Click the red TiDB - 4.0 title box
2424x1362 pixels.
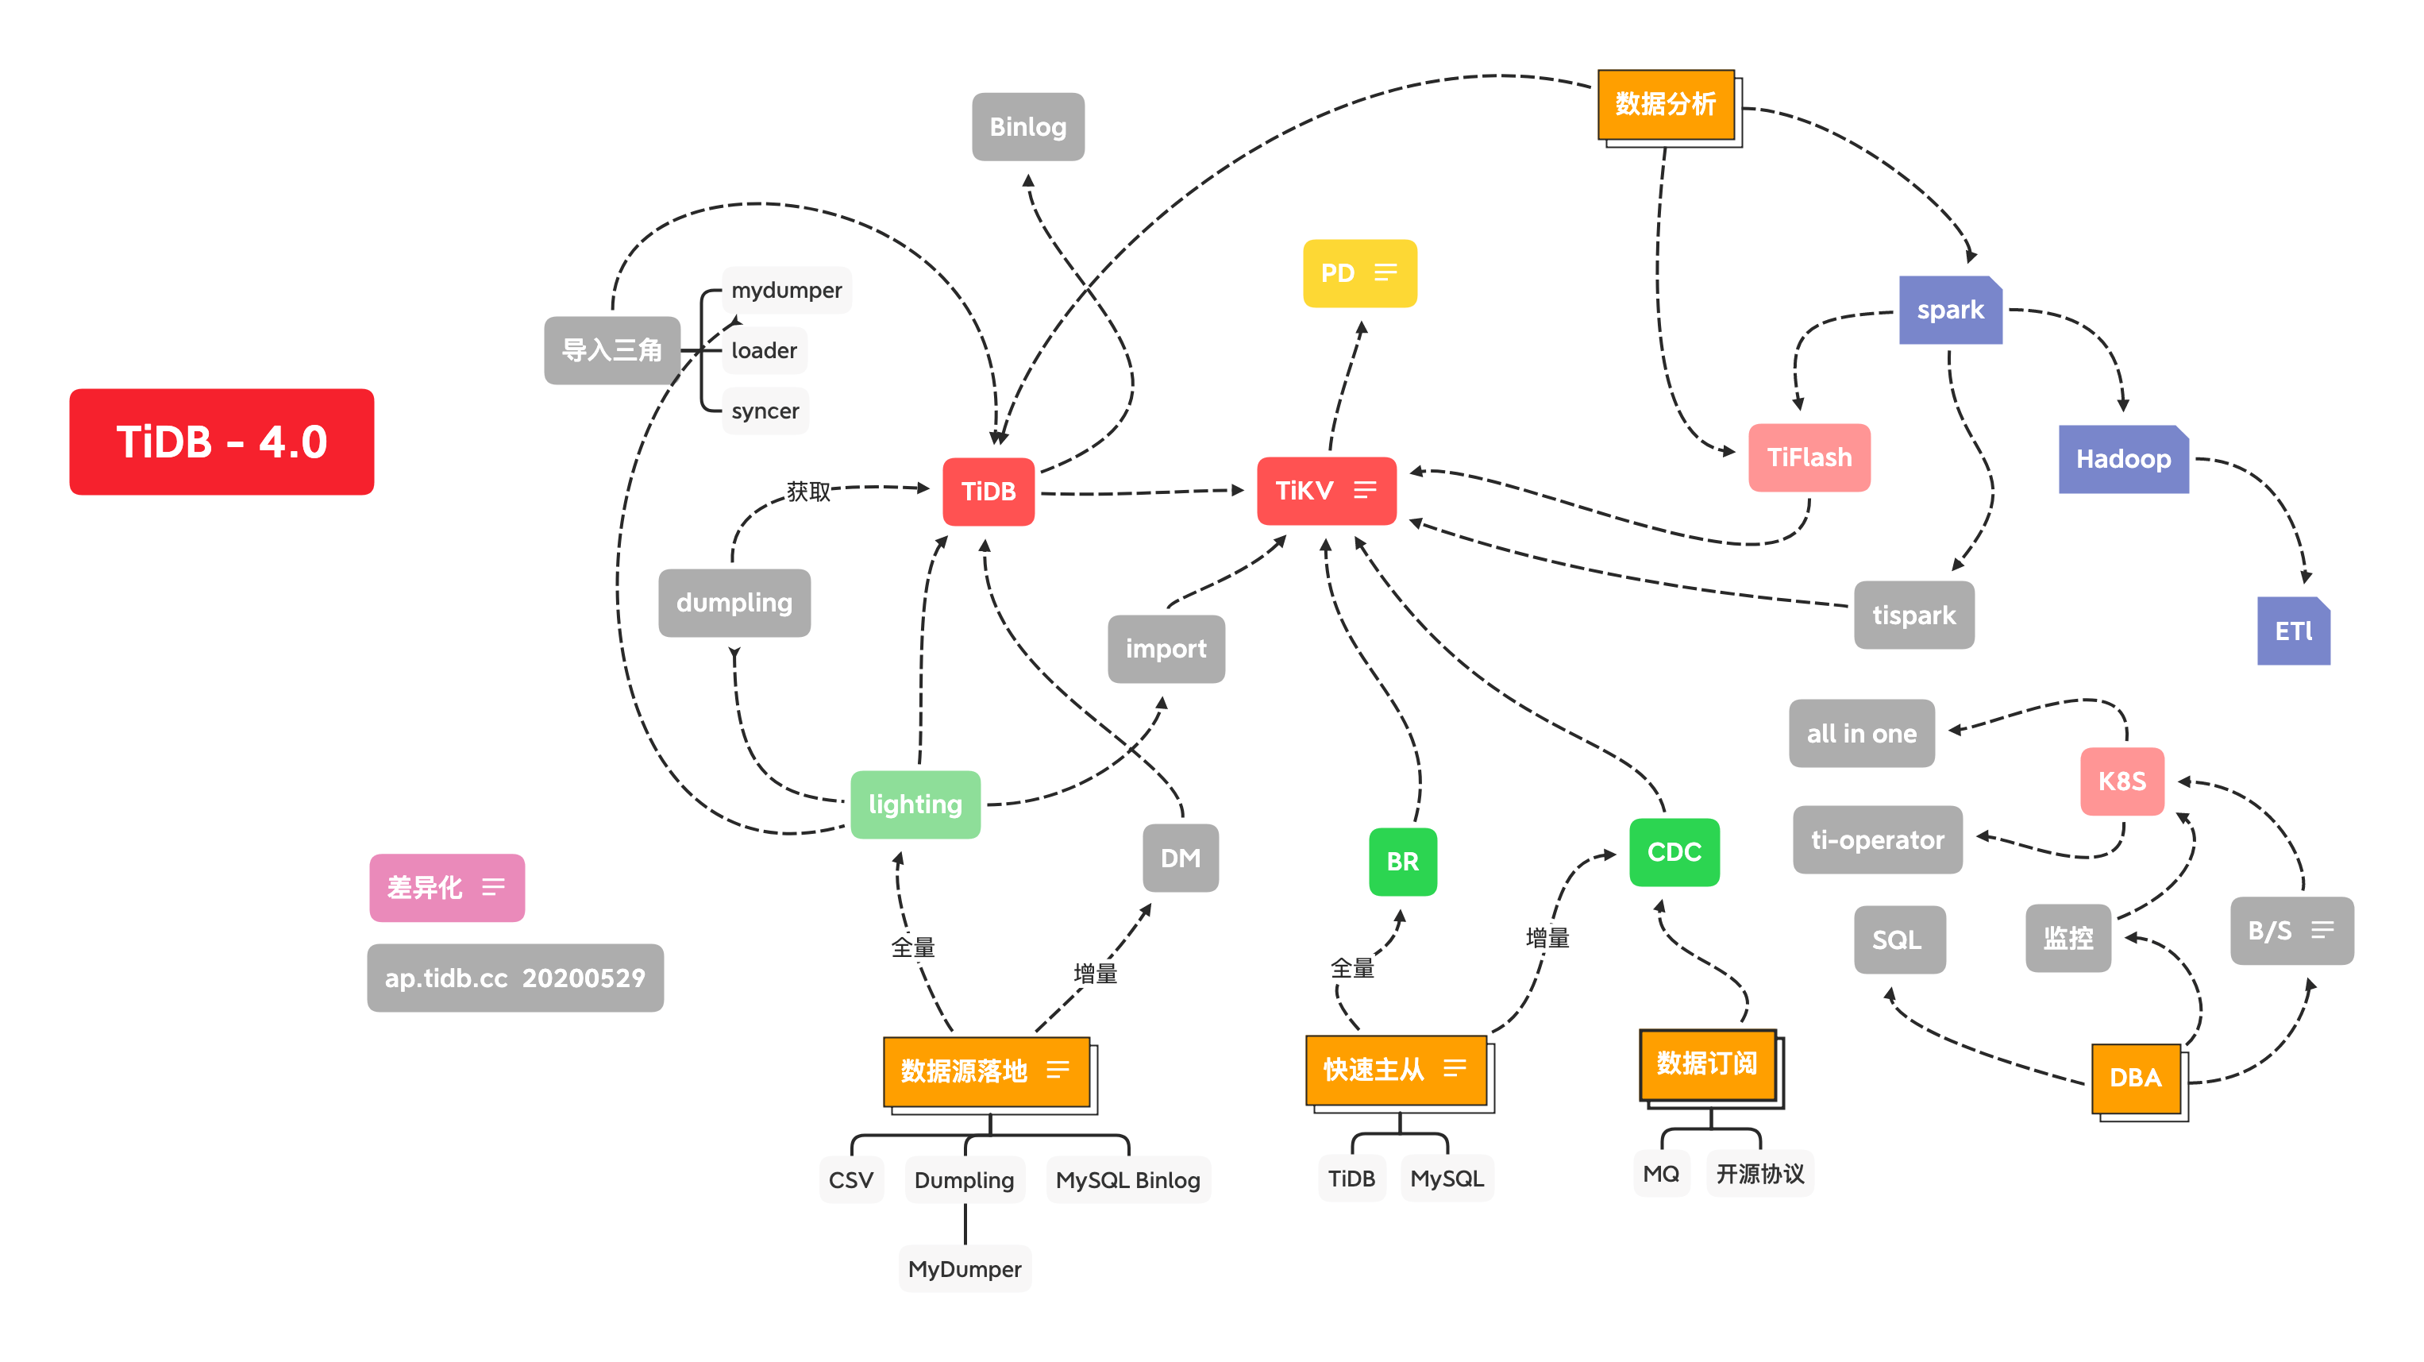pos(222,442)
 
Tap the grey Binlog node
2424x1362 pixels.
pos(1027,127)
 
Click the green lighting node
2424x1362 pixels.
pos(915,804)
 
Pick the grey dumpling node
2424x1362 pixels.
pos(734,603)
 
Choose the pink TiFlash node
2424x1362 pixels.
pos(1809,457)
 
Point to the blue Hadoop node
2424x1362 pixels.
pos(2123,459)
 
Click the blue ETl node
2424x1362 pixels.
pos(2293,631)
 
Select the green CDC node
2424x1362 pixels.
pos(1674,852)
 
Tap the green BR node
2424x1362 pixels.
pos(1402,861)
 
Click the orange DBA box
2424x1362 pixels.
pos(2135,1078)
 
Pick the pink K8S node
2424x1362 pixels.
pos(2122,781)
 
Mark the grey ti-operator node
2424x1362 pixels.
pos(1877,839)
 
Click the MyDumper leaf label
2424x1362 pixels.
pos(965,1269)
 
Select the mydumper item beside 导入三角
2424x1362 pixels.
pos(787,290)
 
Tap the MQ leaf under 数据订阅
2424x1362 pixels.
pos(1661,1174)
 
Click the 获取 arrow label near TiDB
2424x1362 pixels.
pos(808,492)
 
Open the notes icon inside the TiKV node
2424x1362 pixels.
pos(1364,490)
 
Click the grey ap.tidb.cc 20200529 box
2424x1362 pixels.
pos(514,978)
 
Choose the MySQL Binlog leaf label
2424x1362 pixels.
pos(1127,1179)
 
